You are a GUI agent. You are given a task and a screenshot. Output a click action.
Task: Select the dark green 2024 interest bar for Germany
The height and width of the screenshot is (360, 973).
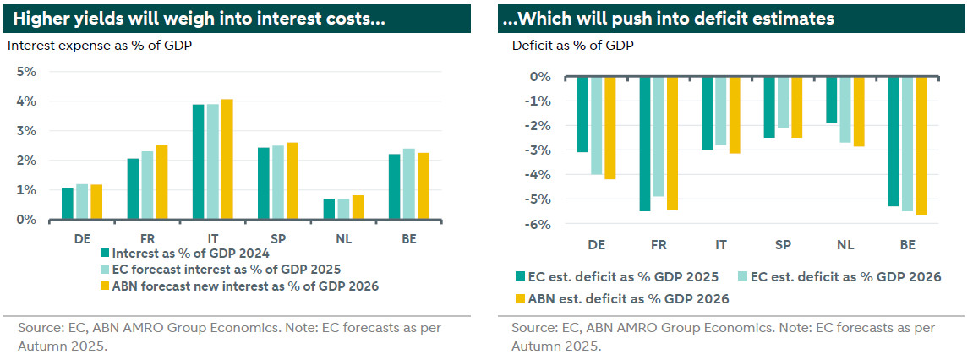coord(68,204)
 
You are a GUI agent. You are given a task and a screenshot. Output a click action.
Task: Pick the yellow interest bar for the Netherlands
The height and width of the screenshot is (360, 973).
coord(358,207)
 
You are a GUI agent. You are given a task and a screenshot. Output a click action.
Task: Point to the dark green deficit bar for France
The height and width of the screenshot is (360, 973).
coord(645,144)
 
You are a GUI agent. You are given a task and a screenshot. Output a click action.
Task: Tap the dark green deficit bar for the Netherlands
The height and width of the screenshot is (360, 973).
coord(831,100)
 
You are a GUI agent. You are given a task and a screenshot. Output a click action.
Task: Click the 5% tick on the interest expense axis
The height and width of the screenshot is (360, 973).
coord(26,72)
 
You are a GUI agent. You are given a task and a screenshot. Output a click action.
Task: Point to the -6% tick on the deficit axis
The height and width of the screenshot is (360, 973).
coord(539,224)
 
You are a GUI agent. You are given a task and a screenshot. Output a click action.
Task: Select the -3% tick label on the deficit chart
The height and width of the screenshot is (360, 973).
coord(539,150)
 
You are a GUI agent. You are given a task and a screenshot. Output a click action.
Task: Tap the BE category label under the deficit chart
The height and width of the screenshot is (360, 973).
coord(908,244)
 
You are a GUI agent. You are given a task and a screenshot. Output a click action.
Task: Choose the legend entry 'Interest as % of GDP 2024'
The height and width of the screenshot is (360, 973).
coord(190,251)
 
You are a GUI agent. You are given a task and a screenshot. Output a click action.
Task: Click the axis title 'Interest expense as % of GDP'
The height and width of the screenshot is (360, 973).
coord(99,46)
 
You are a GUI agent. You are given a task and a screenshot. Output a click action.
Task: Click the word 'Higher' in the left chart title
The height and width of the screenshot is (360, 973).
coord(42,18)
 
